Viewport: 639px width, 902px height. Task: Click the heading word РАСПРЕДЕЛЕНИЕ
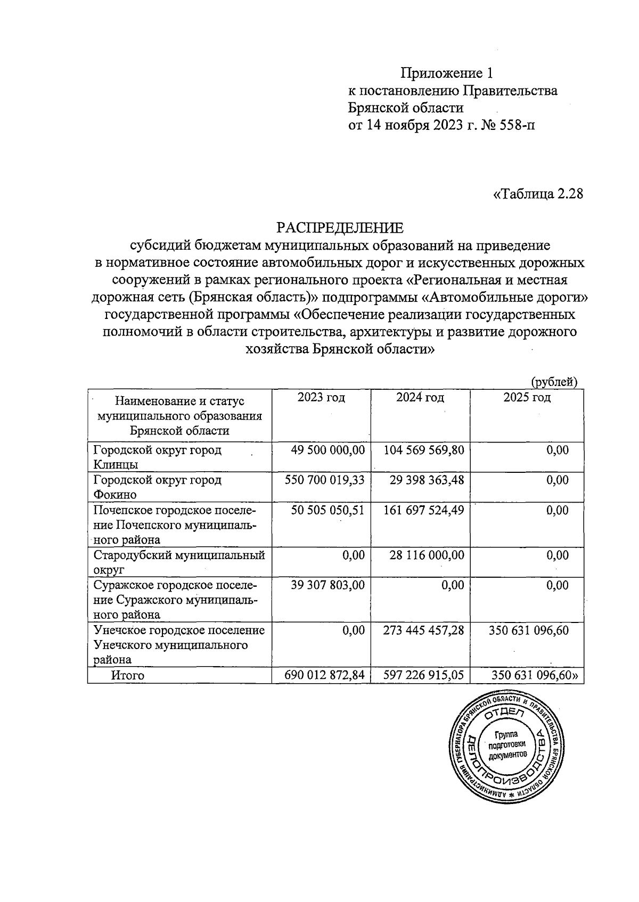(340, 228)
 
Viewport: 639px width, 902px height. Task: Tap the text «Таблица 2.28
(538, 193)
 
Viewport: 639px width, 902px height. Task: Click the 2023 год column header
(321, 397)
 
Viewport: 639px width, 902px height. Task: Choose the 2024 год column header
(420, 397)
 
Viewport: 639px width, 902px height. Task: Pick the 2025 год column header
(527, 397)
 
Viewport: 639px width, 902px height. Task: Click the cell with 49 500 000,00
(327, 450)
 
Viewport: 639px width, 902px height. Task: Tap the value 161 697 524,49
(424, 510)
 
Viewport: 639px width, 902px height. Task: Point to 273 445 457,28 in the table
(424, 630)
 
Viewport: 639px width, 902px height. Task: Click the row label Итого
(128, 676)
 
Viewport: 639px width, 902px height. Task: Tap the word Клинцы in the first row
(116, 465)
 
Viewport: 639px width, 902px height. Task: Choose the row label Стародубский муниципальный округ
(178, 562)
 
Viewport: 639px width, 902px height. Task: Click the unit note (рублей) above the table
(554, 381)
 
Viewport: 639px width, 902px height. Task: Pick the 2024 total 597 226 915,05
(424, 675)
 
